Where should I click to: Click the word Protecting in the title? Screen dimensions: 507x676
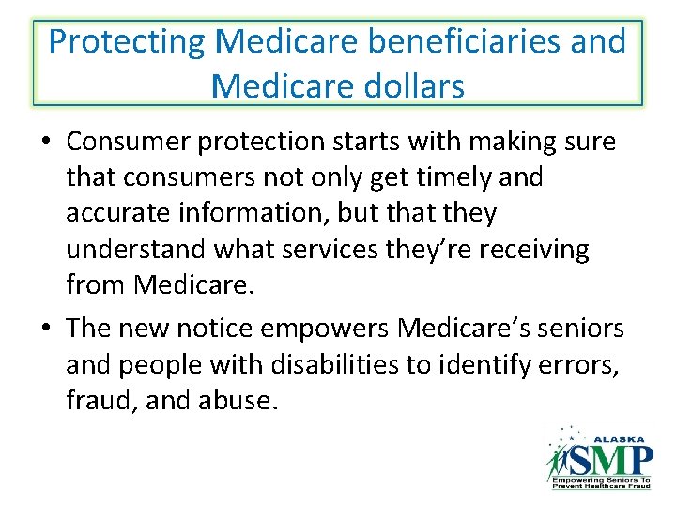126,42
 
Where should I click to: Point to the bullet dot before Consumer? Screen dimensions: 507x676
46,143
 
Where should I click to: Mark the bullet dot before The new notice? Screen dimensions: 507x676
46,329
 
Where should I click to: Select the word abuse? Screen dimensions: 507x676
236,400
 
